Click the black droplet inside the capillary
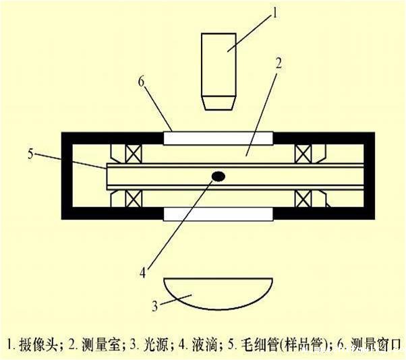point(219,176)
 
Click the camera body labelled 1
point(219,64)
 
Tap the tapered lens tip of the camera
point(219,102)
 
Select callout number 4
point(142,272)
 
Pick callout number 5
point(32,154)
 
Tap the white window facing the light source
point(219,213)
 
